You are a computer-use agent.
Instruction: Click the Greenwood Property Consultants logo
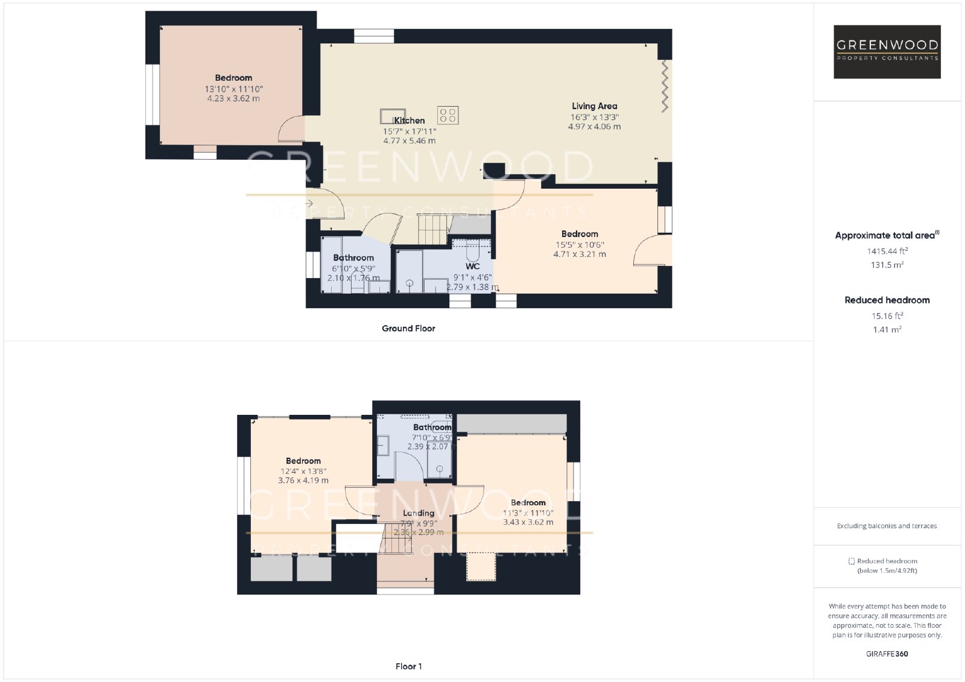(887, 52)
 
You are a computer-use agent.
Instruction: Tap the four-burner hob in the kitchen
(448, 115)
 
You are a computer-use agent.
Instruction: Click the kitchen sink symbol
(393, 116)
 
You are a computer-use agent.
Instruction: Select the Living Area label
(594, 106)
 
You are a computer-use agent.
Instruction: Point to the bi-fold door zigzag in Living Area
(665, 86)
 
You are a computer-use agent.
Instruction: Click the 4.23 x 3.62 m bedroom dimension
(233, 98)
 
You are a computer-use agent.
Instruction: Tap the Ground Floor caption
(408, 328)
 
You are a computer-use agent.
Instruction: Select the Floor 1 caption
(408, 666)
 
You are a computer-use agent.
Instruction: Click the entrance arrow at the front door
(309, 203)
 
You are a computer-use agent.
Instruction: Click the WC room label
(473, 267)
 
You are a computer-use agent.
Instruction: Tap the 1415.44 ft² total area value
(887, 251)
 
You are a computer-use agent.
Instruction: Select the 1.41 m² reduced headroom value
(887, 329)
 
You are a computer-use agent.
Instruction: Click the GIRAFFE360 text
(887, 654)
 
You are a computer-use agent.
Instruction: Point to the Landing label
(419, 513)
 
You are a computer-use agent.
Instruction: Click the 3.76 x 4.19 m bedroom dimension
(303, 481)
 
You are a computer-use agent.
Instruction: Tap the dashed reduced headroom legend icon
(851, 561)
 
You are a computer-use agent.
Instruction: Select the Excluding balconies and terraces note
(887, 526)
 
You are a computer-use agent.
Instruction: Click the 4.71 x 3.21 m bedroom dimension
(580, 254)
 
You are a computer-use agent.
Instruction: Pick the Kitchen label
(410, 121)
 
